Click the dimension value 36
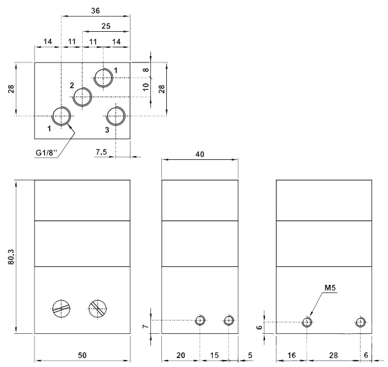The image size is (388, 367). tap(96, 11)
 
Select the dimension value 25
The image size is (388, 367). tap(106, 26)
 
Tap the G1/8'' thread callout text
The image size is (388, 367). tap(50, 153)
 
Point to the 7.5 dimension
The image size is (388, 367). tap(101, 152)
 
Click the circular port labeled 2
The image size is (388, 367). tap(83, 97)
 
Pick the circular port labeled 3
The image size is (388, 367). tap(116, 117)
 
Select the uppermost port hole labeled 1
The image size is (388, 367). tap(103, 77)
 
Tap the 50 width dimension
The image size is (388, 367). tap(82, 354)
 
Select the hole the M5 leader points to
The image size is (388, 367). tap(307, 322)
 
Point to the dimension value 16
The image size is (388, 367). tap(291, 354)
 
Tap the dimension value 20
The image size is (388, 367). tap(181, 354)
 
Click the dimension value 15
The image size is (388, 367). tap(215, 354)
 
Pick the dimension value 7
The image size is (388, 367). tap(146, 327)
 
